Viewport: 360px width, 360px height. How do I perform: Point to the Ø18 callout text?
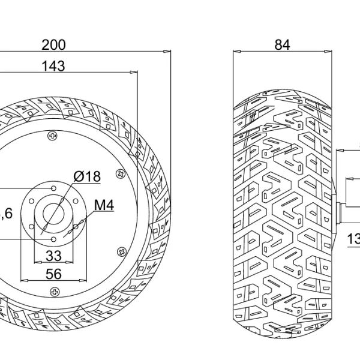tap(87, 176)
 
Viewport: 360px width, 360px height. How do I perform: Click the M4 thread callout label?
tap(104, 206)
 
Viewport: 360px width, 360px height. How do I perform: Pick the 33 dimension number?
tap(53, 256)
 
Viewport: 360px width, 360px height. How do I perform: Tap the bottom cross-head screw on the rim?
tap(54, 292)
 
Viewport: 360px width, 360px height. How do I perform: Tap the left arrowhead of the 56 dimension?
tap(23, 280)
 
